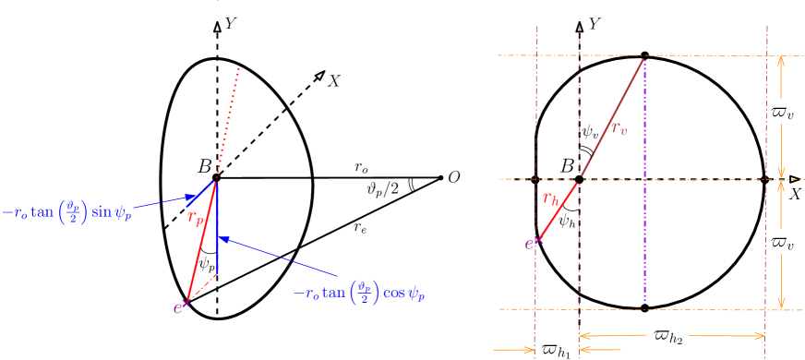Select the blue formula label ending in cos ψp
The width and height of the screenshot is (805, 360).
364,294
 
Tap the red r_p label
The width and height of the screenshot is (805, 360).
196,218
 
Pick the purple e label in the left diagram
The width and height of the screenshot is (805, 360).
178,307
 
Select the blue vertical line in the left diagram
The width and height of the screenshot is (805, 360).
217,231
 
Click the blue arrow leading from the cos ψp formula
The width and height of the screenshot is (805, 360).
277,258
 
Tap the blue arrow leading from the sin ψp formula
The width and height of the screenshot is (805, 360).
162,200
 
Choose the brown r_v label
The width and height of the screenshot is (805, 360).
619,128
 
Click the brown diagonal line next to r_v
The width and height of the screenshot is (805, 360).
611,115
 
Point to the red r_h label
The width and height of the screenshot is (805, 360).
550,198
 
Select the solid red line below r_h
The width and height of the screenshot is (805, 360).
558,212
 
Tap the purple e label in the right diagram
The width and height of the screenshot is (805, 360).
530,244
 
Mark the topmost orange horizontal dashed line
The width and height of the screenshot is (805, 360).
646,56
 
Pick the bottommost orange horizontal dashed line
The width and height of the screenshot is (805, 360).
646,309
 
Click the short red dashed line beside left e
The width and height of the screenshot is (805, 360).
201,288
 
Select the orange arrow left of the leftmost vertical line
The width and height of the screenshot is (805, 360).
514,350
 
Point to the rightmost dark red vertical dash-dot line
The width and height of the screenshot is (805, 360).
766,185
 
